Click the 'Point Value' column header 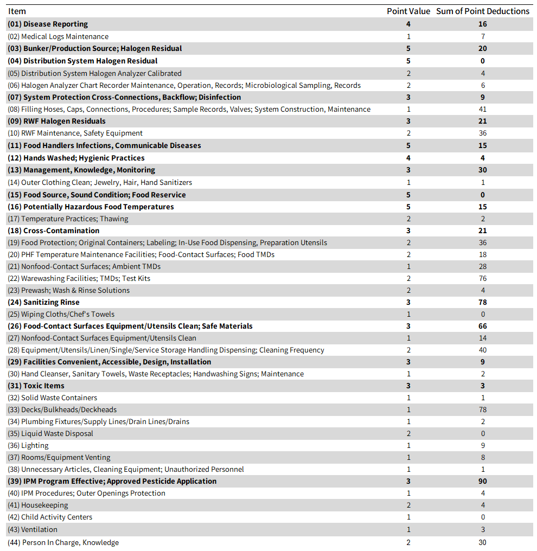408,11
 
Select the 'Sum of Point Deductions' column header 483,11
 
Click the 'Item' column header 17,11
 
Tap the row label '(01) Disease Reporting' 48,24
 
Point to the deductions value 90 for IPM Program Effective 483,482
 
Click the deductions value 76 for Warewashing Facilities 483,279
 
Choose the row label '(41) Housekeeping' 37,505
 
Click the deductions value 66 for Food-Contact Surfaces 483,326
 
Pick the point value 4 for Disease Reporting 408,24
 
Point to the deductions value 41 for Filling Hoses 483,110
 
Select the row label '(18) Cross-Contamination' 53,231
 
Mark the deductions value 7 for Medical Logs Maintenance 483,37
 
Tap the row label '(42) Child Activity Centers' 50,517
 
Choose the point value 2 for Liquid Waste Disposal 408,434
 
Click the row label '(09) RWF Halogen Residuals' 56,121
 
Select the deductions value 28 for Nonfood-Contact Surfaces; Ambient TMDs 483,267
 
